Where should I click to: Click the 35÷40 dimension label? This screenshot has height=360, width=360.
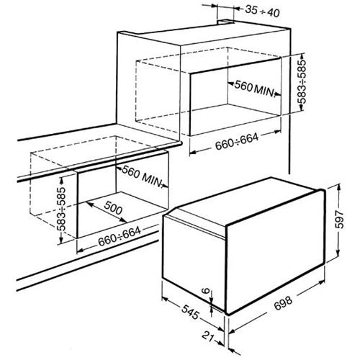(x=262, y=12)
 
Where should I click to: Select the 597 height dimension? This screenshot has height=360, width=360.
(x=340, y=220)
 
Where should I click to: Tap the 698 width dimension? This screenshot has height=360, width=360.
(x=284, y=303)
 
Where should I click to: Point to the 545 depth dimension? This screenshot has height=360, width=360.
(x=191, y=312)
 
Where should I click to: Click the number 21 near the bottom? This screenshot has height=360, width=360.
(x=208, y=336)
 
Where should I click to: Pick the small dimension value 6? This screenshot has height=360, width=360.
(x=206, y=291)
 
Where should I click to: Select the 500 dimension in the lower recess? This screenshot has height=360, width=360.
(x=113, y=207)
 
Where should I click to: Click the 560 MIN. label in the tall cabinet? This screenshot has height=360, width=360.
(x=255, y=88)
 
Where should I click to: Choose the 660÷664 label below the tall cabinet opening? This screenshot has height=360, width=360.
(x=237, y=142)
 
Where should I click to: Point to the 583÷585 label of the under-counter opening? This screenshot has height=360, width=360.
(x=62, y=209)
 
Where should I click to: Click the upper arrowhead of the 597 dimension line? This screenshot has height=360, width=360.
(x=339, y=186)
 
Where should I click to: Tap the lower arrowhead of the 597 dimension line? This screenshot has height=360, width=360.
(x=338, y=254)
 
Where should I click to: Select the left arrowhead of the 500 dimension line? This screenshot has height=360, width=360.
(x=89, y=203)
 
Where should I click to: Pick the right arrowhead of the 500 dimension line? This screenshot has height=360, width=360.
(x=124, y=220)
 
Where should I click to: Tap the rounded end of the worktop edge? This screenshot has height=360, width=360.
(x=181, y=143)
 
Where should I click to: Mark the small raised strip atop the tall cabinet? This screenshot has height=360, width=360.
(x=225, y=22)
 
